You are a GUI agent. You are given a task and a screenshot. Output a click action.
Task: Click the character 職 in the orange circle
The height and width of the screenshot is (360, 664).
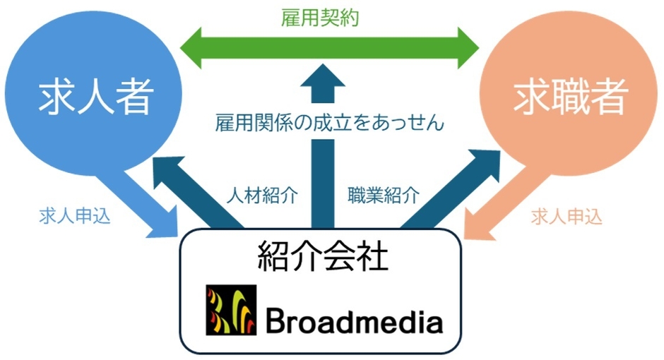(x=569, y=97)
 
